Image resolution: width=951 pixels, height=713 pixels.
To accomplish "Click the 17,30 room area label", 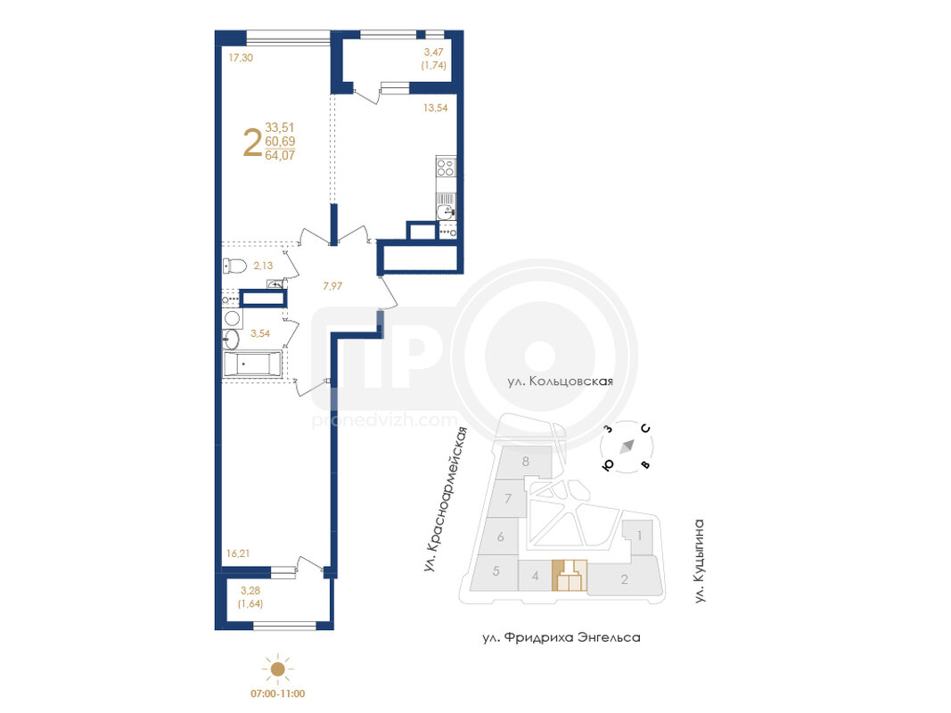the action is coord(241,58).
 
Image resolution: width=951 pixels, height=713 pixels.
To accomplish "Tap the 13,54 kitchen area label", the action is coord(436,108).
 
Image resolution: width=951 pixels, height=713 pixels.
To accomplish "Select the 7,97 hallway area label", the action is coord(332,286).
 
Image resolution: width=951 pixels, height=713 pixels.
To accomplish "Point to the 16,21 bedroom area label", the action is coord(238,553).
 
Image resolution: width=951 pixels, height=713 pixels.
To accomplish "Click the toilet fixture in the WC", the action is coord(234,266).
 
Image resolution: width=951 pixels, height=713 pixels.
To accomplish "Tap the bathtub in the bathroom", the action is coord(252,365).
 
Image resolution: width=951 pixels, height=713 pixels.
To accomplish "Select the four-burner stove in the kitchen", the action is coord(446,167).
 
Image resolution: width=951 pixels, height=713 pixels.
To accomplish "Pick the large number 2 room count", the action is coord(252,143).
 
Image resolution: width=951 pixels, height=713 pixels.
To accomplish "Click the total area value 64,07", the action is coord(280,155).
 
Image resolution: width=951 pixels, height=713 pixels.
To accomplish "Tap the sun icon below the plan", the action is coord(278,668).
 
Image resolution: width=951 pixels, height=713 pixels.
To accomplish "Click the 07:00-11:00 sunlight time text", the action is coord(278,693).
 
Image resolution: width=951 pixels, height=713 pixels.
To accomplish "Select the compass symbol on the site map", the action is coord(627,447).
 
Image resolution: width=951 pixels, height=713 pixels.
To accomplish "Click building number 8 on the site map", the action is coord(526,462).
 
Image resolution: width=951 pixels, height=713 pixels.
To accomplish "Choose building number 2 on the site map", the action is coord(625,579).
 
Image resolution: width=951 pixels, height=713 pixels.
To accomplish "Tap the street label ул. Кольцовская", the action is coord(561,381).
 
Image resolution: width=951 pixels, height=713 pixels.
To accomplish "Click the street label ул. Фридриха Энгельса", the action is coord(562,638).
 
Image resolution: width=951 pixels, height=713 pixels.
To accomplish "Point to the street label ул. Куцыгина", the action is coord(700,561).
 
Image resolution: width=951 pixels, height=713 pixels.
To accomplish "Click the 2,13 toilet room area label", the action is coord(263,266).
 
